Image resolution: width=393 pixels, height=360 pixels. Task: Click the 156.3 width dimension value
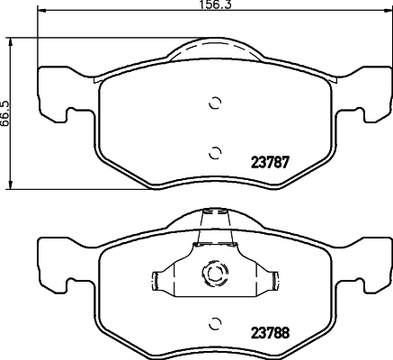point(217,4)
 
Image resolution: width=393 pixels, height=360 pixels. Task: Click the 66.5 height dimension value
point(5,113)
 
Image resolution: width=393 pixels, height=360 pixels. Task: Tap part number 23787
point(270,163)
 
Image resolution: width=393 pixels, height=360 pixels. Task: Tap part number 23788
point(270,333)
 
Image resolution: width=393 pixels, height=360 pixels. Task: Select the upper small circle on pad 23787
point(215,103)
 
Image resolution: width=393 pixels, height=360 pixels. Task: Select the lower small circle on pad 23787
point(215,153)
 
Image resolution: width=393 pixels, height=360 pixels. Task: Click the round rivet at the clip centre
point(215,273)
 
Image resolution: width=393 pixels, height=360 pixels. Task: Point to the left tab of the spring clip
point(156,281)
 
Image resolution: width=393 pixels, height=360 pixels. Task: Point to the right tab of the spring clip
point(275,281)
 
